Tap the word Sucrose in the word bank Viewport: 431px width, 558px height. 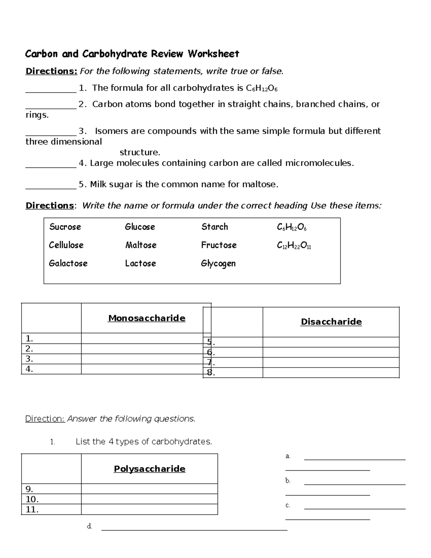click(65, 227)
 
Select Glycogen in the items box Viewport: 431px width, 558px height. click(218, 263)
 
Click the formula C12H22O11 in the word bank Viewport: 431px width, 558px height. click(294, 245)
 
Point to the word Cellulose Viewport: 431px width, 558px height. click(66, 245)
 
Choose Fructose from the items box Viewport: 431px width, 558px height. click(219, 245)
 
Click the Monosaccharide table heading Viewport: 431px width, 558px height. click(147, 318)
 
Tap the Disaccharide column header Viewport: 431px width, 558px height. click(331, 322)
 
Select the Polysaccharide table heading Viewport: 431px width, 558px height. click(149, 469)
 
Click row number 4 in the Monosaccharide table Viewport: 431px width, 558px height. click(29, 369)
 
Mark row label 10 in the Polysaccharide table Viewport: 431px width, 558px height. click(32, 499)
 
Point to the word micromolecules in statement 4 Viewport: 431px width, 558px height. click(319, 163)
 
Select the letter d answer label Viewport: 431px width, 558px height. click(89, 527)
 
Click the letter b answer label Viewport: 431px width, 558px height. click(288, 481)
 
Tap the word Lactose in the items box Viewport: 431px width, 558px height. click(140, 263)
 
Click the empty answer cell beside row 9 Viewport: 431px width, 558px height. click(149, 489)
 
